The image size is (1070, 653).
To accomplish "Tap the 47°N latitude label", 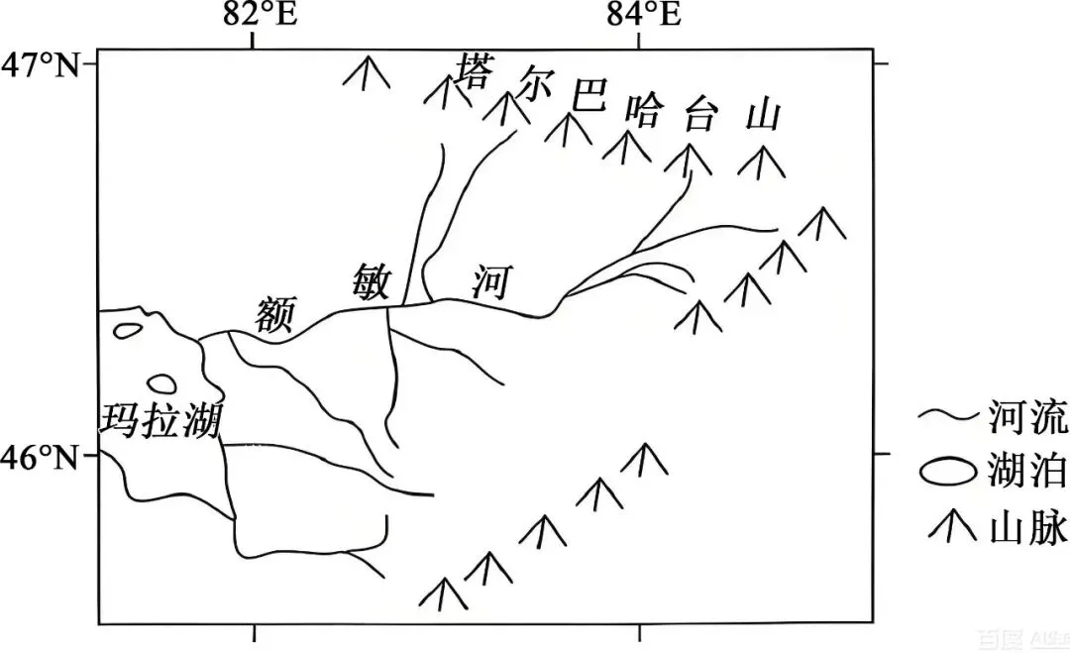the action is click(45, 64).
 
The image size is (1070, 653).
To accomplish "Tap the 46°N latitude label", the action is click(45, 458).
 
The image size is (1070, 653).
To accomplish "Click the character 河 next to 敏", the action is click(492, 283).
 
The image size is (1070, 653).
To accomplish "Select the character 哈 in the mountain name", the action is click(642, 113).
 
